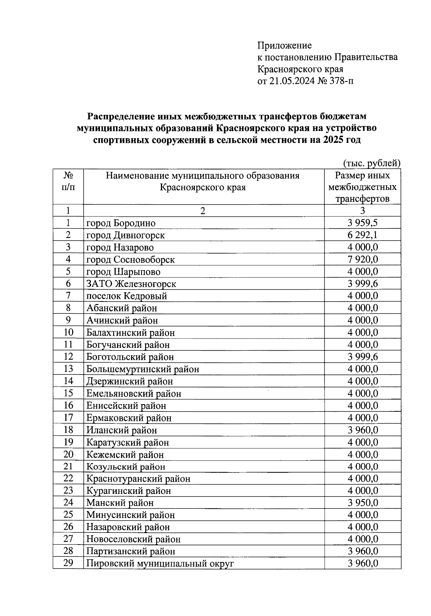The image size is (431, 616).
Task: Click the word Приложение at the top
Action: coord(284,46)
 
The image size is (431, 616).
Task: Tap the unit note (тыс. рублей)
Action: coord(371,163)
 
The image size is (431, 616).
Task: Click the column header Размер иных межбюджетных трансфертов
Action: coord(362,187)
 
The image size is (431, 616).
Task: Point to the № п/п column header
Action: coord(68,181)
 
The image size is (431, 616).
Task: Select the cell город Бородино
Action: coord(121,223)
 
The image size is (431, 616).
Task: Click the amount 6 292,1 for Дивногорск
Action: coord(362,235)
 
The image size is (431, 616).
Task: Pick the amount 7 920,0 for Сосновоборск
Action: coord(362,260)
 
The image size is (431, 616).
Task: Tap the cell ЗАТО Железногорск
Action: coord(131,284)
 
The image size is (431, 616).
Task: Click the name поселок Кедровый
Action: coord(126,296)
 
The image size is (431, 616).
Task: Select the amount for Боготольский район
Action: coord(362,357)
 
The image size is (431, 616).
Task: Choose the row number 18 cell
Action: coord(68,430)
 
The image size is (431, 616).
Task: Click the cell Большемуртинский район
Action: coord(143,369)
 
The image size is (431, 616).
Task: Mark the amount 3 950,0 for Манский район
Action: coord(362,503)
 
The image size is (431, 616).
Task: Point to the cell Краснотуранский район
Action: coord(138,479)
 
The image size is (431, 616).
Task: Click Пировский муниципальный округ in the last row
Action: coord(160,564)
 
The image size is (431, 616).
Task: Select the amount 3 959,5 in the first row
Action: coord(362,223)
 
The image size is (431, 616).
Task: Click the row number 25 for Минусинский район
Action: coord(68,515)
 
